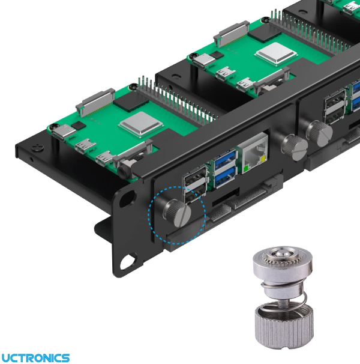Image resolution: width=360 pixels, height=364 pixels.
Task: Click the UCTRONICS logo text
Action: pos(35,358)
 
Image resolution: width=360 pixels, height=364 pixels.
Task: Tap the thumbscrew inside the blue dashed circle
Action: pos(178,213)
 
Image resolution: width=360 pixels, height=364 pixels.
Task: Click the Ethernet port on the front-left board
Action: pos(253,153)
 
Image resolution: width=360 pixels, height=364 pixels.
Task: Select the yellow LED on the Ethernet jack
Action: pos(263,159)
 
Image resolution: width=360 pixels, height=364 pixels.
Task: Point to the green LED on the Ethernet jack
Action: pos(245,168)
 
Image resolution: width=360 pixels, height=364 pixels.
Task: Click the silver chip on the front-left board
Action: pos(141,124)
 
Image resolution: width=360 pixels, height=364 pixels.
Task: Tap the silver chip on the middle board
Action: pos(276,53)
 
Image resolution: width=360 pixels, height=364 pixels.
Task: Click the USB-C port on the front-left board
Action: pos(63,132)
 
